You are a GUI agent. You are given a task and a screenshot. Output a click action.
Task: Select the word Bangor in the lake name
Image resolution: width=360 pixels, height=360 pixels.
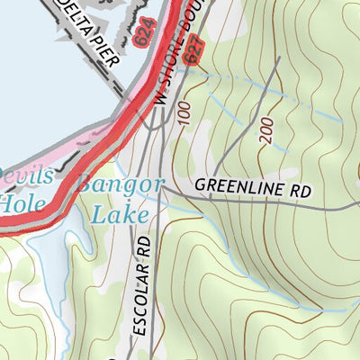[x=121, y=185]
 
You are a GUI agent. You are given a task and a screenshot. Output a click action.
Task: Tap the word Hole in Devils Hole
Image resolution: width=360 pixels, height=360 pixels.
[x=20, y=202]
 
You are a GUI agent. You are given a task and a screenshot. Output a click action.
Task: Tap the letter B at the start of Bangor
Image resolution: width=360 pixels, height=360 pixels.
[x=88, y=185]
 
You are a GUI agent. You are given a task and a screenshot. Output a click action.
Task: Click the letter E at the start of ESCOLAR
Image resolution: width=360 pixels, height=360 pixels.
[x=138, y=331]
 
